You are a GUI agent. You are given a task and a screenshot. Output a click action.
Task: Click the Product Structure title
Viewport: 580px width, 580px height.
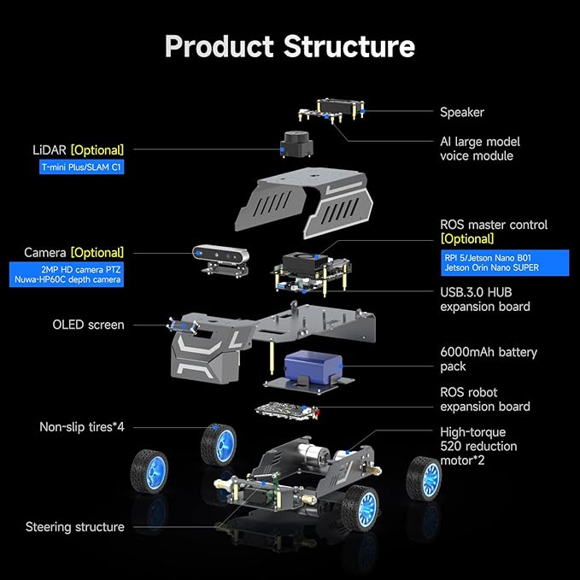click(290, 45)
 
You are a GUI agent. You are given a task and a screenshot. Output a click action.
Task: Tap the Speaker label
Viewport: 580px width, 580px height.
click(461, 112)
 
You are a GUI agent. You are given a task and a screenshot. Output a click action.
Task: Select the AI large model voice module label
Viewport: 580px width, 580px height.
click(479, 149)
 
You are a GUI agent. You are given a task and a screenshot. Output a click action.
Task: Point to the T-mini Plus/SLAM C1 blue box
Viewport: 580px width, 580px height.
click(82, 167)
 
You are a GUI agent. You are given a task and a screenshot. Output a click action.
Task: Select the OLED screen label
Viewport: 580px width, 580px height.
click(88, 325)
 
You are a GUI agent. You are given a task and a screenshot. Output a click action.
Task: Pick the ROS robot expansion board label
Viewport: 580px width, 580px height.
click(484, 399)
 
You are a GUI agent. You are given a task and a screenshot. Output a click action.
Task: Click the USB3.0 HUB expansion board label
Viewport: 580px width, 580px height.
click(484, 299)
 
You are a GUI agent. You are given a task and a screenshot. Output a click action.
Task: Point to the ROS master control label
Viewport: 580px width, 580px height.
click(494, 225)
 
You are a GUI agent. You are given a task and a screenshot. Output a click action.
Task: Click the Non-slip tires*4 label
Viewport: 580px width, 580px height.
click(81, 426)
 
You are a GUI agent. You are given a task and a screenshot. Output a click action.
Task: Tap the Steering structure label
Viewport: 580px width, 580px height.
click(74, 527)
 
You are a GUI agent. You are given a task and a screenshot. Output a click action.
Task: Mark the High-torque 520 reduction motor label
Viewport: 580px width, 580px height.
click(478, 446)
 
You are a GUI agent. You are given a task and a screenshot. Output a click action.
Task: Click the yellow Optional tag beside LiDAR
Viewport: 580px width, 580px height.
click(97, 149)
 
